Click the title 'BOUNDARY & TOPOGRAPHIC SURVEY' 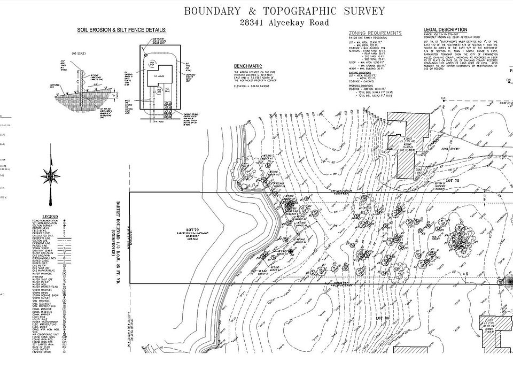[x=284, y=11]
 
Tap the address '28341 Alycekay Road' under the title [x=284, y=23]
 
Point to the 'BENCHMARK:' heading [x=248, y=66]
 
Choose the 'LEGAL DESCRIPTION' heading [x=445, y=30]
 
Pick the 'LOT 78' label [x=453, y=181]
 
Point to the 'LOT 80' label [x=380, y=318]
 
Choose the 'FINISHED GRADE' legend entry [x=43, y=351]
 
